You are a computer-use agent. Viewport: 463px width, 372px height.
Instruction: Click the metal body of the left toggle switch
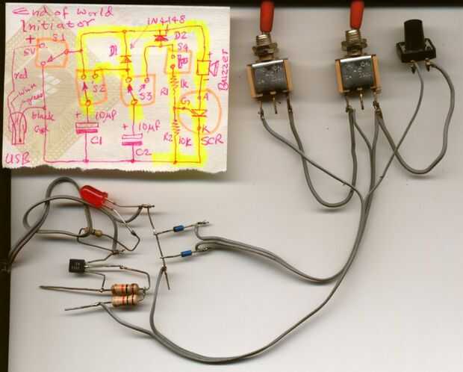tap(269, 78)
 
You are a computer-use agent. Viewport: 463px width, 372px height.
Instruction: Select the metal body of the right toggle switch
tap(358, 75)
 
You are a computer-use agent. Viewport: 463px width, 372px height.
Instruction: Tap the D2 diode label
tap(179, 36)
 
